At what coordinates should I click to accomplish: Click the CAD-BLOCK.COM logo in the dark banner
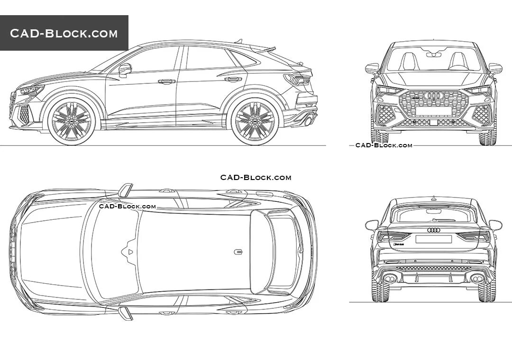(64, 33)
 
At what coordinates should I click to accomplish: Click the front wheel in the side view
(72, 120)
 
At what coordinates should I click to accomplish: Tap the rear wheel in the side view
(255, 120)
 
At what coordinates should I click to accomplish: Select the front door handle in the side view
(166, 81)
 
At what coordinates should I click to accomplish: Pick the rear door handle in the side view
(233, 79)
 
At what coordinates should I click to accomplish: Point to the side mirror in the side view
(125, 70)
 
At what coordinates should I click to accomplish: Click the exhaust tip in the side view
(308, 121)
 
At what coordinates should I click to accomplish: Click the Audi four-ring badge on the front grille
(433, 96)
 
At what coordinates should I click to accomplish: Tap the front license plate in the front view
(433, 122)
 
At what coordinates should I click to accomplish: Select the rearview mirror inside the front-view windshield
(433, 55)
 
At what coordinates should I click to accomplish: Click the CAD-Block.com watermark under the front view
(384, 145)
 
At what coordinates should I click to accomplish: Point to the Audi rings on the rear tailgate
(433, 230)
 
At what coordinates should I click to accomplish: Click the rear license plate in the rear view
(433, 239)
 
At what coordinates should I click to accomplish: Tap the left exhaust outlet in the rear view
(390, 279)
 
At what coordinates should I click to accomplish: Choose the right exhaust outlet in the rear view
(477, 279)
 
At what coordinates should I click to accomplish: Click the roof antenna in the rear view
(433, 198)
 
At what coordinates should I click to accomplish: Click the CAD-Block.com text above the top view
(256, 178)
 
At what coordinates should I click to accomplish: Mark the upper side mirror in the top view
(126, 190)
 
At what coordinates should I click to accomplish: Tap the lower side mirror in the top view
(126, 313)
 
